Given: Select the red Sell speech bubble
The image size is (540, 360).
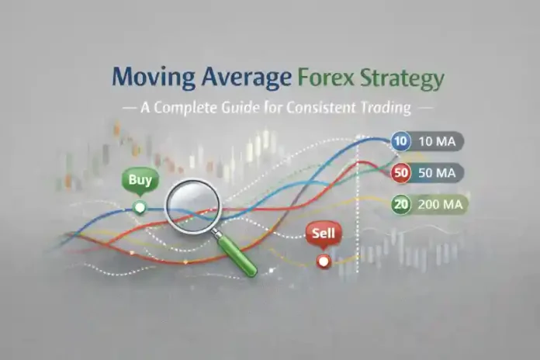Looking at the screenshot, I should tap(321, 233).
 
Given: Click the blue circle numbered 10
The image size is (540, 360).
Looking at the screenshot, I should tap(401, 142).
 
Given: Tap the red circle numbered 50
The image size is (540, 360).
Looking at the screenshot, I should tap(401, 173).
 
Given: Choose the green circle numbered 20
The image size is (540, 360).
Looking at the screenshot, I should tap(401, 204).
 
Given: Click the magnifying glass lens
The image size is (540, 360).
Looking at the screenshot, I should tap(192, 203).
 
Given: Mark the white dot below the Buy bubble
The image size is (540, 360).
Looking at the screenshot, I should tap(140, 207).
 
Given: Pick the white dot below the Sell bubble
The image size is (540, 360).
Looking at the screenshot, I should tap(324, 262).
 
